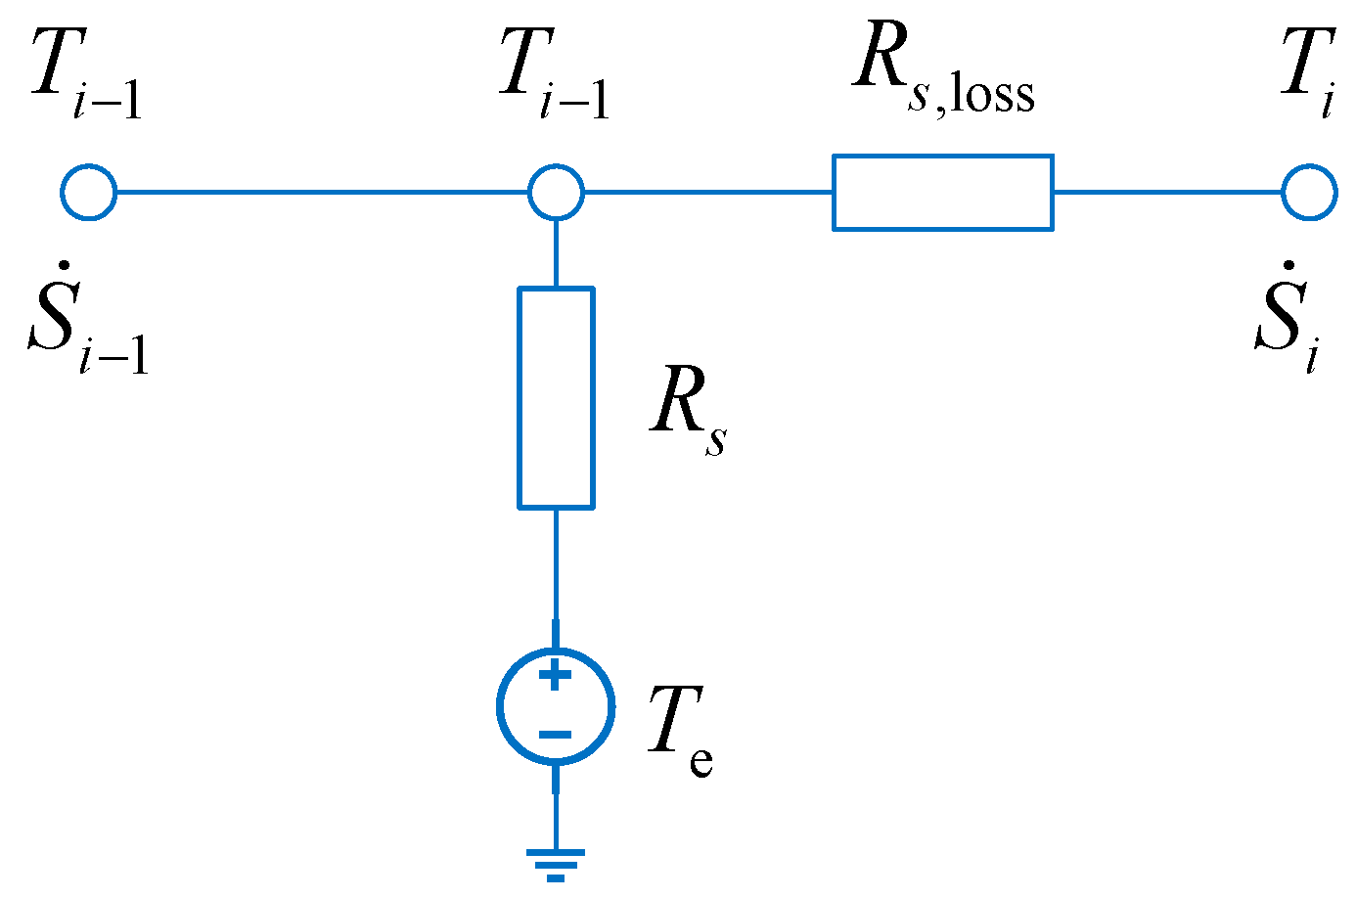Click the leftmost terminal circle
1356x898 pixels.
(89, 192)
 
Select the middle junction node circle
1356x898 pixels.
(556, 192)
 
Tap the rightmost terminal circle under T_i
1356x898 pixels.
(1309, 192)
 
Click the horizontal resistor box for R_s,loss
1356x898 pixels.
(942, 193)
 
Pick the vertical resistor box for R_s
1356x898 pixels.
(556, 397)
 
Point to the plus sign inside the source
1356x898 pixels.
(556, 676)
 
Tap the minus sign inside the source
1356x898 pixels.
(556, 735)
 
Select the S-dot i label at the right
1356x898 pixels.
(1287, 317)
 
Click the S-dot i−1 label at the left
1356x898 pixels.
(88, 319)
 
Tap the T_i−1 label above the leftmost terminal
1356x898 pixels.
(86, 74)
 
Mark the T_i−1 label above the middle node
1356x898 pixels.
(554, 74)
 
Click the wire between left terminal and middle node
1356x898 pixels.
(323, 192)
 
